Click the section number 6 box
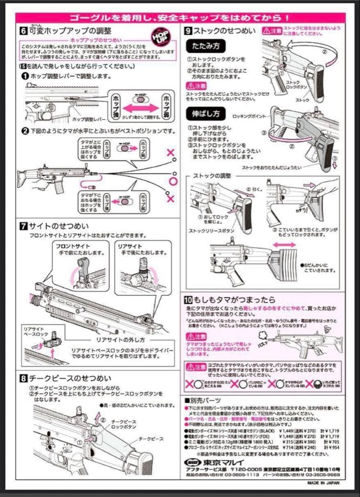pyautogui.click(x=23, y=31)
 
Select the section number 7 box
pyautogui.click(x=23, y=226)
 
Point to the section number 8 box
pyautogui.click(x=23, y=378)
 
